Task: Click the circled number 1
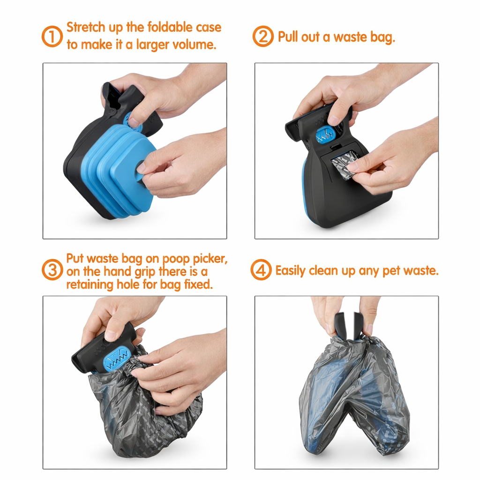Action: [52, 37]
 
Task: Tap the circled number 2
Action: [263, 37]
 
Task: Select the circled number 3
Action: [52, 270]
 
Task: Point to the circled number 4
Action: [261, 270]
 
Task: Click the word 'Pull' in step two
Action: [287, 37]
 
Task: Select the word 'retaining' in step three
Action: [90, 285]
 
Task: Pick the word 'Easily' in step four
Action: [291, 270]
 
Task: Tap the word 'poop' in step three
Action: [176, 259]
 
